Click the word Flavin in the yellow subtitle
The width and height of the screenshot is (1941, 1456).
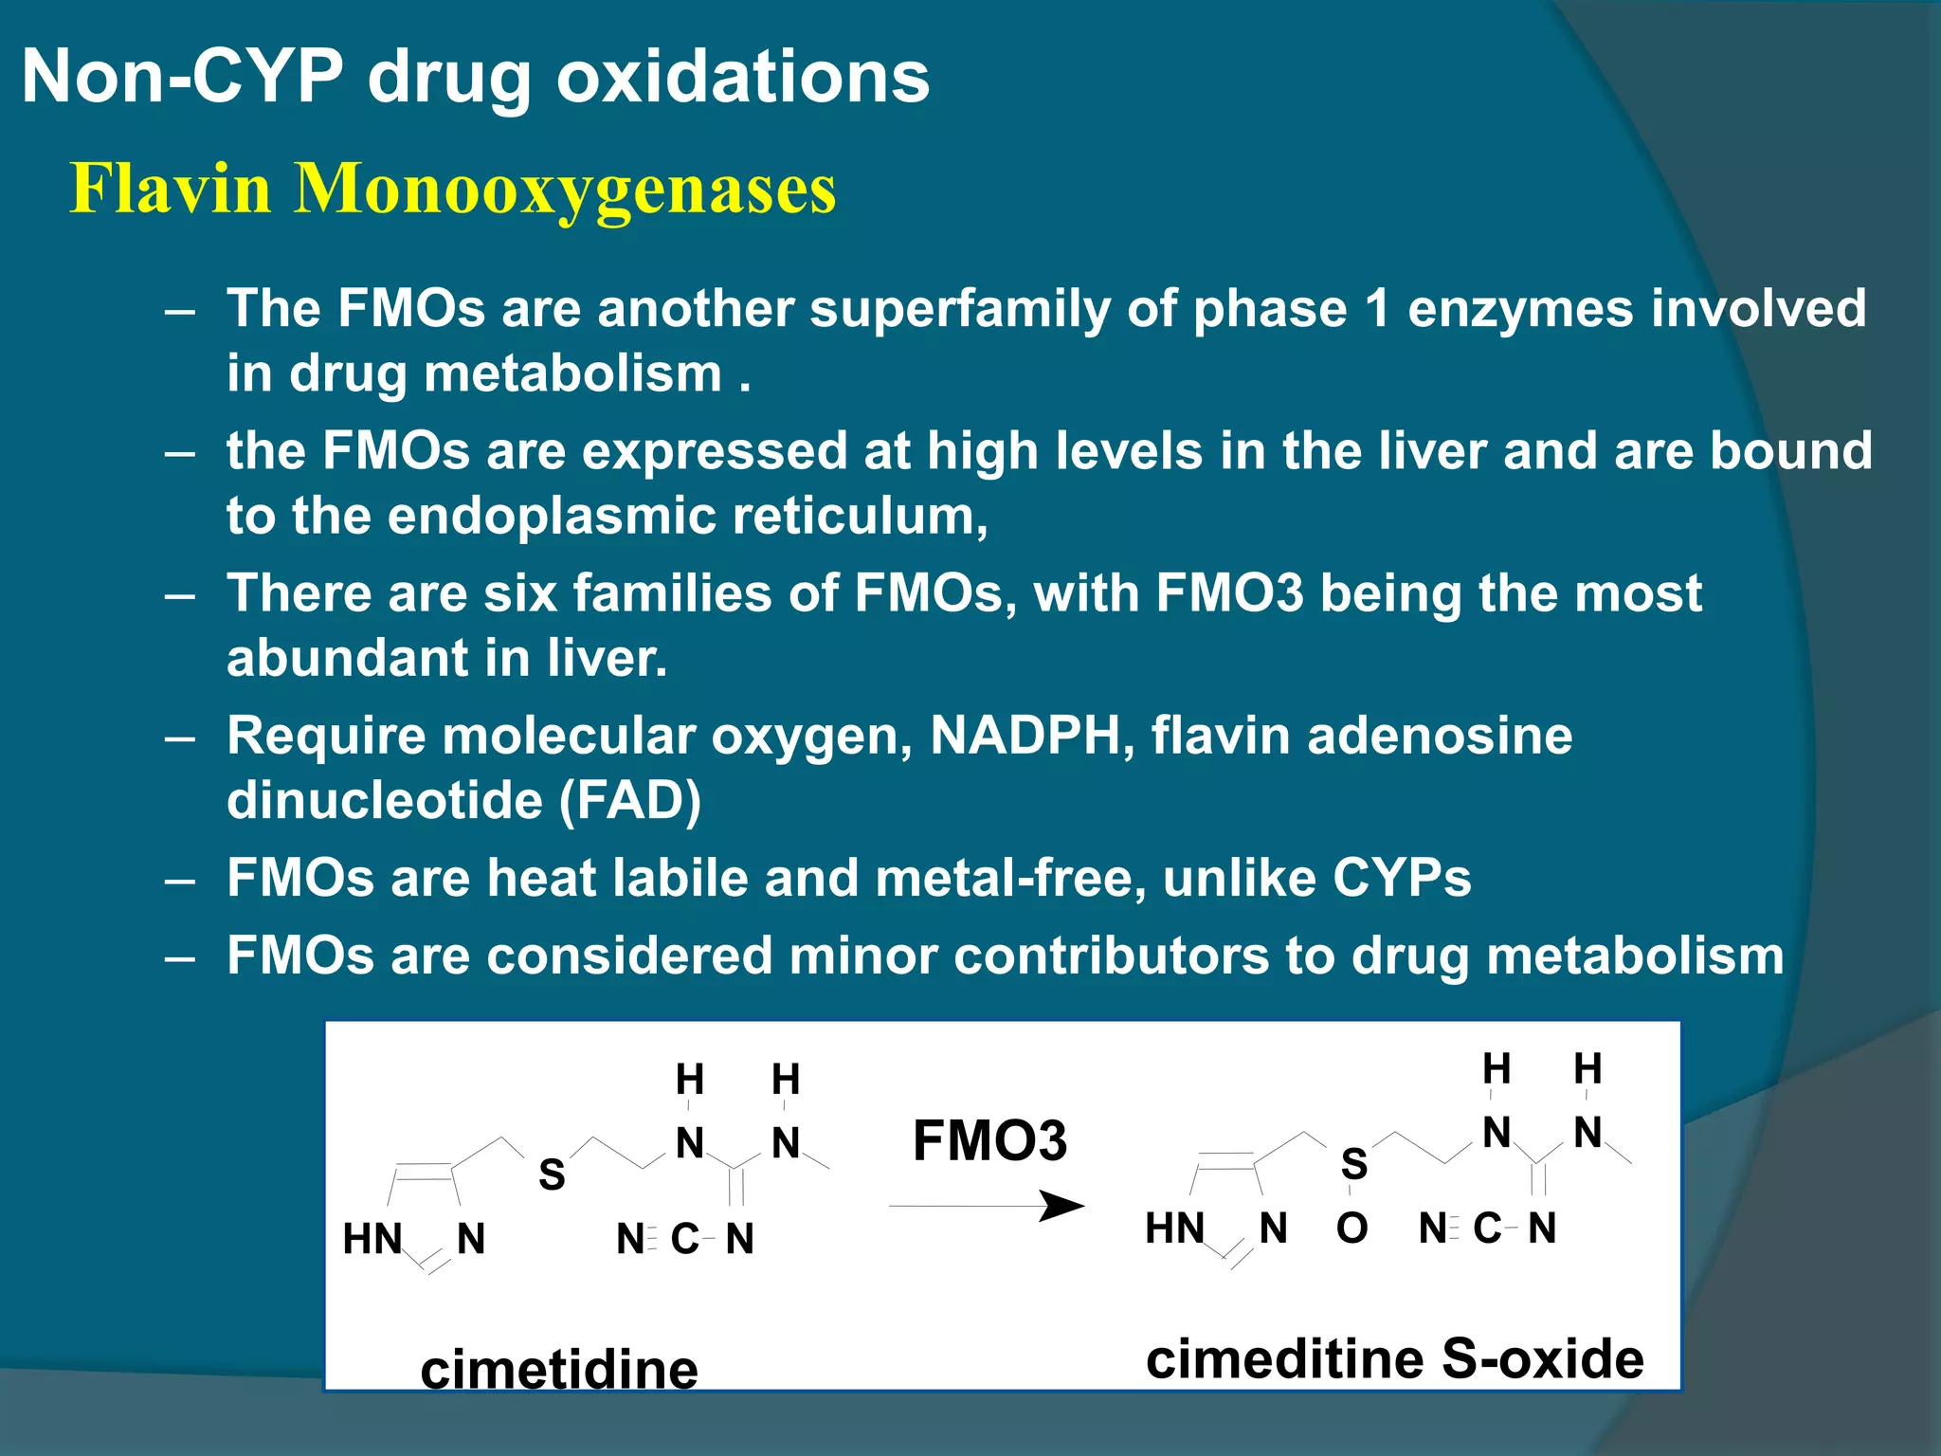pos(171,188)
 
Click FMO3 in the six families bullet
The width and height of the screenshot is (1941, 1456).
pos(1229,593)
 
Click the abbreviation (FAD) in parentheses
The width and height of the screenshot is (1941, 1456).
pos(630,801)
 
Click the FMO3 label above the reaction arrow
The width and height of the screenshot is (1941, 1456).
pos(989,1140)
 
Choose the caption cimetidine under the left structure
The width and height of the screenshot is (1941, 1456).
pos(559,1369)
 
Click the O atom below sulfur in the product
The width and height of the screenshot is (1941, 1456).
pos(1352,1228)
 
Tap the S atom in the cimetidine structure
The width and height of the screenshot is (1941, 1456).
pos(552,1175)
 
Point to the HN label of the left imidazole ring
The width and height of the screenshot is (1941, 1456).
pos(372,1239)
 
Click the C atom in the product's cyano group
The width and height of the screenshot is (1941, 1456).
pos(1487,1228)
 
